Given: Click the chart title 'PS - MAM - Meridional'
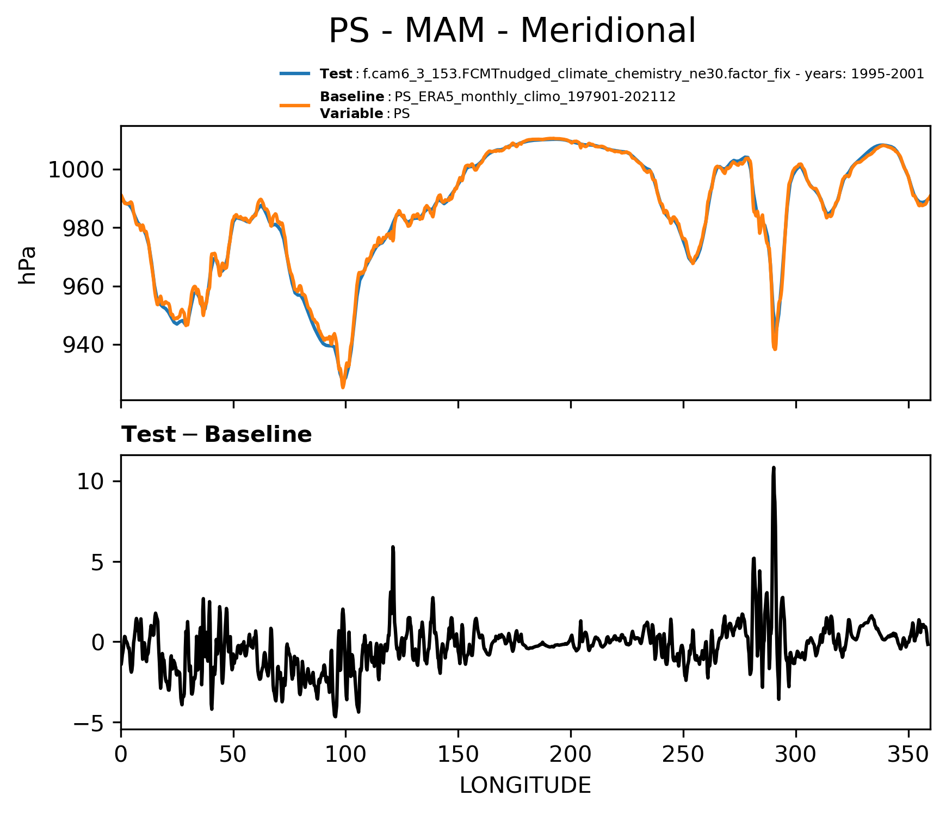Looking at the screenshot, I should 512,31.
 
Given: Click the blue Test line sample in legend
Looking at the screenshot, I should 295,73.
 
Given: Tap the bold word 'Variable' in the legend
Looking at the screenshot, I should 351,114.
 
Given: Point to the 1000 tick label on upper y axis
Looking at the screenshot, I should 76,170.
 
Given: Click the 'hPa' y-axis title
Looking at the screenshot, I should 27,265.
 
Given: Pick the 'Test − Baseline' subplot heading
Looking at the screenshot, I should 217,435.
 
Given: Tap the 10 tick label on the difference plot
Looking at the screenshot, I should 90,482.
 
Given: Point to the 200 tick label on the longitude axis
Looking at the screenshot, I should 571,755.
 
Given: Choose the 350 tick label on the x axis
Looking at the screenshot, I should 908,755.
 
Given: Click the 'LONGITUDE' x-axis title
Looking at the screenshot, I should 525,786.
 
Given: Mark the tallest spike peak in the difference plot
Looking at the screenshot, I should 773,467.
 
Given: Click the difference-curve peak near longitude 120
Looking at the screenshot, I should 392,547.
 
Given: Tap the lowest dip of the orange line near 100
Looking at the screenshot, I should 343,387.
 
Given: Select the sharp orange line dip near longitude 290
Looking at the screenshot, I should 774,348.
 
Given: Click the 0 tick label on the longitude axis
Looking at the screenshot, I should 121,755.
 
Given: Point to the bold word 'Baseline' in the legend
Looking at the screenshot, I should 352,97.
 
